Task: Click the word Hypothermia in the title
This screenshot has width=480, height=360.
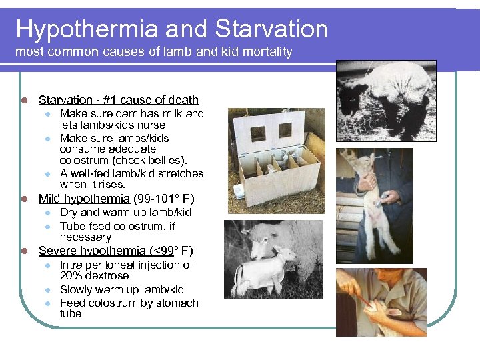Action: pyautogui.click(x=87, y=29)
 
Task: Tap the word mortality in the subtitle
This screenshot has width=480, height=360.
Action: pyautogui.click(x=268, y=51)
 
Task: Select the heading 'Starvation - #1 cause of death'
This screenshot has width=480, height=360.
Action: pyautogui.click(x=119, y=100)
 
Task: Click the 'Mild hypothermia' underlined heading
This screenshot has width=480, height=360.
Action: pyautogui.click(x=83, y=198)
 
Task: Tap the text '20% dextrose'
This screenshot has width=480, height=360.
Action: pyautogui.click(x=94, y=275)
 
